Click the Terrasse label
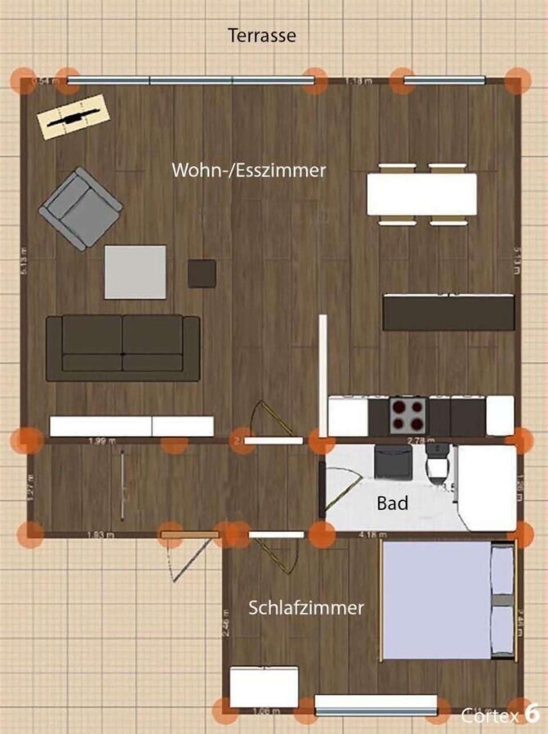[262, 35]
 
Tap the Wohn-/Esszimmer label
[249, 170]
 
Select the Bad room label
[393, 503]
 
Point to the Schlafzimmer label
[306, 608]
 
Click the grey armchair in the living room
[81, 209]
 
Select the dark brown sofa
[123, 348]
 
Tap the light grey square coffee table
[135, 271]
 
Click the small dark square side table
[202, 273]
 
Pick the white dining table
[422, 194]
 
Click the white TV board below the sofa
[132, 426]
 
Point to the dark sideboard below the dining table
[449, 312]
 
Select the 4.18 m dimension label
[372, 535]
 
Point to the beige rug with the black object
[73, 116]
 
